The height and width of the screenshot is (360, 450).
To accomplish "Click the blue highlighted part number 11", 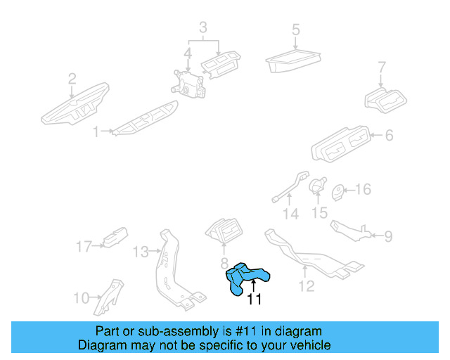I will pyautogui.click(x=246, y=278).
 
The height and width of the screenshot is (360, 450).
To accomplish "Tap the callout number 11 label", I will pyautogui.click(x=254, y=300).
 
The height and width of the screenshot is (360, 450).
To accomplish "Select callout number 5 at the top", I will pyautogui.click(x=296, y=30).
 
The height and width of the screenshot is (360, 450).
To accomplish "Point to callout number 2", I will pyautogui.click(x=72, y=79).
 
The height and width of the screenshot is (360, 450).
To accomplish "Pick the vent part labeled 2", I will pyautogui.click(x=74, y=105).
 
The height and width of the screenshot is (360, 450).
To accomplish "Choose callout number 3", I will pyautogui.click(x=203, y=28).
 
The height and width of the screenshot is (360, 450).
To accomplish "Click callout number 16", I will pyautogui.click(x=363, y=190).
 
